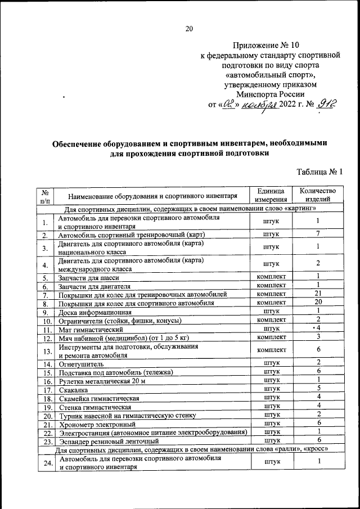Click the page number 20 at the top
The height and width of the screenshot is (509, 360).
pyautogui.click(x=188, y=30)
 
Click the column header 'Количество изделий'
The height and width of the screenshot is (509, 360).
pyautogui.click(x=318, y=195)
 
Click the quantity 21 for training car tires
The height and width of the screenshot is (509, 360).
pyautogui.click(x=318, y=294)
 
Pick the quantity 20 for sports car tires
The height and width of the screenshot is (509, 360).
pyautogui.click(x=318, y=302)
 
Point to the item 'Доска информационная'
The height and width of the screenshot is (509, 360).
pyautogui.click(x=95, y=312)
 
